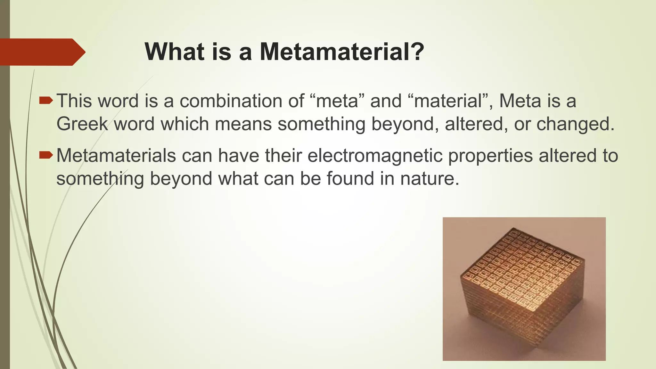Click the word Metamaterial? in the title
342,52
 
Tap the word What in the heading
174,52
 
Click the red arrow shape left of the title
42,52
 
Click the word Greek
82,124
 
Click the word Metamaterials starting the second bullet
116,156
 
